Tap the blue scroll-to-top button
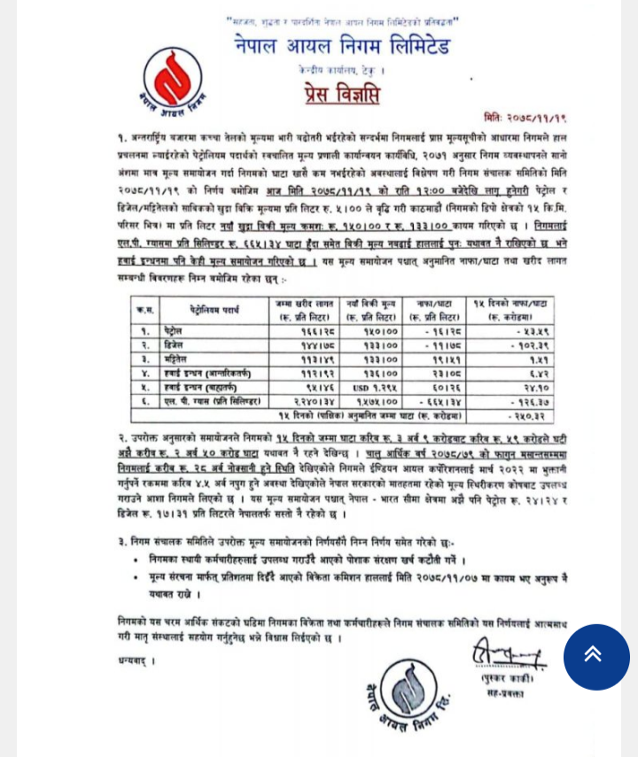(x=595, y=656)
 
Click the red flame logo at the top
(x=170, y=75)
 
